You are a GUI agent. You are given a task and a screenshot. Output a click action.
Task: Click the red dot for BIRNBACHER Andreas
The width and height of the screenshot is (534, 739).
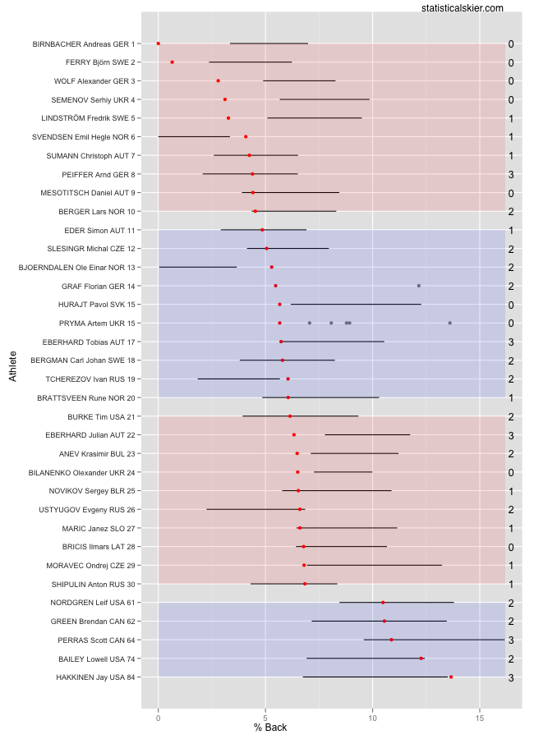coord(159,44)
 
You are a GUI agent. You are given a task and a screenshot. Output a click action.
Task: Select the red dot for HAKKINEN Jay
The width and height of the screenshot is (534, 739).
coord(451,677)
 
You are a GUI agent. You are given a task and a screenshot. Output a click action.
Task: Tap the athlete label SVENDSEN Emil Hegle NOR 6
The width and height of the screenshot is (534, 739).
coord(84,137)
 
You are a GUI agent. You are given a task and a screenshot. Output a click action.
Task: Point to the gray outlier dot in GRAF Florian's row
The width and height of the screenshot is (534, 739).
coord(419,286)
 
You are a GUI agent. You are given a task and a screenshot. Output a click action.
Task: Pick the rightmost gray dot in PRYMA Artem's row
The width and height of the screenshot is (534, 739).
coord(450,323)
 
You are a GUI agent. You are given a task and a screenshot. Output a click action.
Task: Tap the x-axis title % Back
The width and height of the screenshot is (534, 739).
coord(270,728)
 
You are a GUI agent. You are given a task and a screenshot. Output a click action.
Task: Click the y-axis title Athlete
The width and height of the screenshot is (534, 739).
coord(12,365)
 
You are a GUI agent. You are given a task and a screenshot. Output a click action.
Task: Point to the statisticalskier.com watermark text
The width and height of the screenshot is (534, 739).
coord(462,7)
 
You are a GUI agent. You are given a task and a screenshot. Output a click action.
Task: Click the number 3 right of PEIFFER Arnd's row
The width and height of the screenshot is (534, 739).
coord(510,174)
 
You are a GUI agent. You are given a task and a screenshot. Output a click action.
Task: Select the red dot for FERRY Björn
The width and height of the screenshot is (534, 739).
coord(172,62)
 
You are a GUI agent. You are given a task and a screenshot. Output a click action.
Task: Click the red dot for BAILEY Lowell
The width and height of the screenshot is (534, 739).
coord(421,659)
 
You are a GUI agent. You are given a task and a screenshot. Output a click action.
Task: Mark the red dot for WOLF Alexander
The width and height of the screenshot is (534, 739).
coord(218,80)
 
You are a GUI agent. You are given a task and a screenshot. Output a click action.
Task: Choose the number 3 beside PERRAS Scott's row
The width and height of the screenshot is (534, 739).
coord(510,640)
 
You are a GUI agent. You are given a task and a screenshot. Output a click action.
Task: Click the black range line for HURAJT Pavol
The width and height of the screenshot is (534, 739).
coord(356,305)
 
